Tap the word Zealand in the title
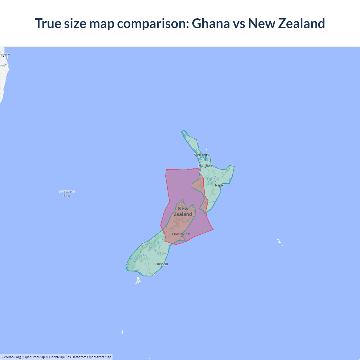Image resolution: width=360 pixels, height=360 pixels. click(x=301, y=23)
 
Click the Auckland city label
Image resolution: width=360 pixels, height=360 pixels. click(x=200, y=155)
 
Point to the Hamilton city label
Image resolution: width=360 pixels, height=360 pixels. click(x=205, y=165)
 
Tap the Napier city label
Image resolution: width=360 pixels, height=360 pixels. click(x=220, y=185)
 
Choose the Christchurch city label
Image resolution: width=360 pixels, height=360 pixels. click(x=181, y=234)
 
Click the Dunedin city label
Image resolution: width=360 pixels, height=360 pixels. click(x=162, y=264)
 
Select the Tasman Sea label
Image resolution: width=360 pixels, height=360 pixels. click(x=67, y=193)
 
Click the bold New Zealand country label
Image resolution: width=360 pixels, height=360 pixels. click(x=183, y=211)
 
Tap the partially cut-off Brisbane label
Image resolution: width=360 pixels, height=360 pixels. click(x=5, y=54)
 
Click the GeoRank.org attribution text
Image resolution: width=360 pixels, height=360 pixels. click(x=11, y=357)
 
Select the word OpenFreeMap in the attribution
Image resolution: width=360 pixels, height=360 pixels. click(x=34, y=357)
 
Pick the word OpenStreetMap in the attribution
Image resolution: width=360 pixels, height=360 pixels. click(x=99, y=357)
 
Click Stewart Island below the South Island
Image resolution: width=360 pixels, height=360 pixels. click(x=138, y=281)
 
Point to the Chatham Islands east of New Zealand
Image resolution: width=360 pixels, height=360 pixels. click(x=279, y=241)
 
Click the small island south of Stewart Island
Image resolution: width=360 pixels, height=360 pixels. click(x=122, y=332)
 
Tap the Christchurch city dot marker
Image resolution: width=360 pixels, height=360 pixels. click(x=181, y=236)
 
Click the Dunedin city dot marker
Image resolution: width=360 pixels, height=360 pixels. click(x=162, y=266)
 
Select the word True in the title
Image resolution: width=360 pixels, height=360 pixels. click(x=48, y=23)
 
